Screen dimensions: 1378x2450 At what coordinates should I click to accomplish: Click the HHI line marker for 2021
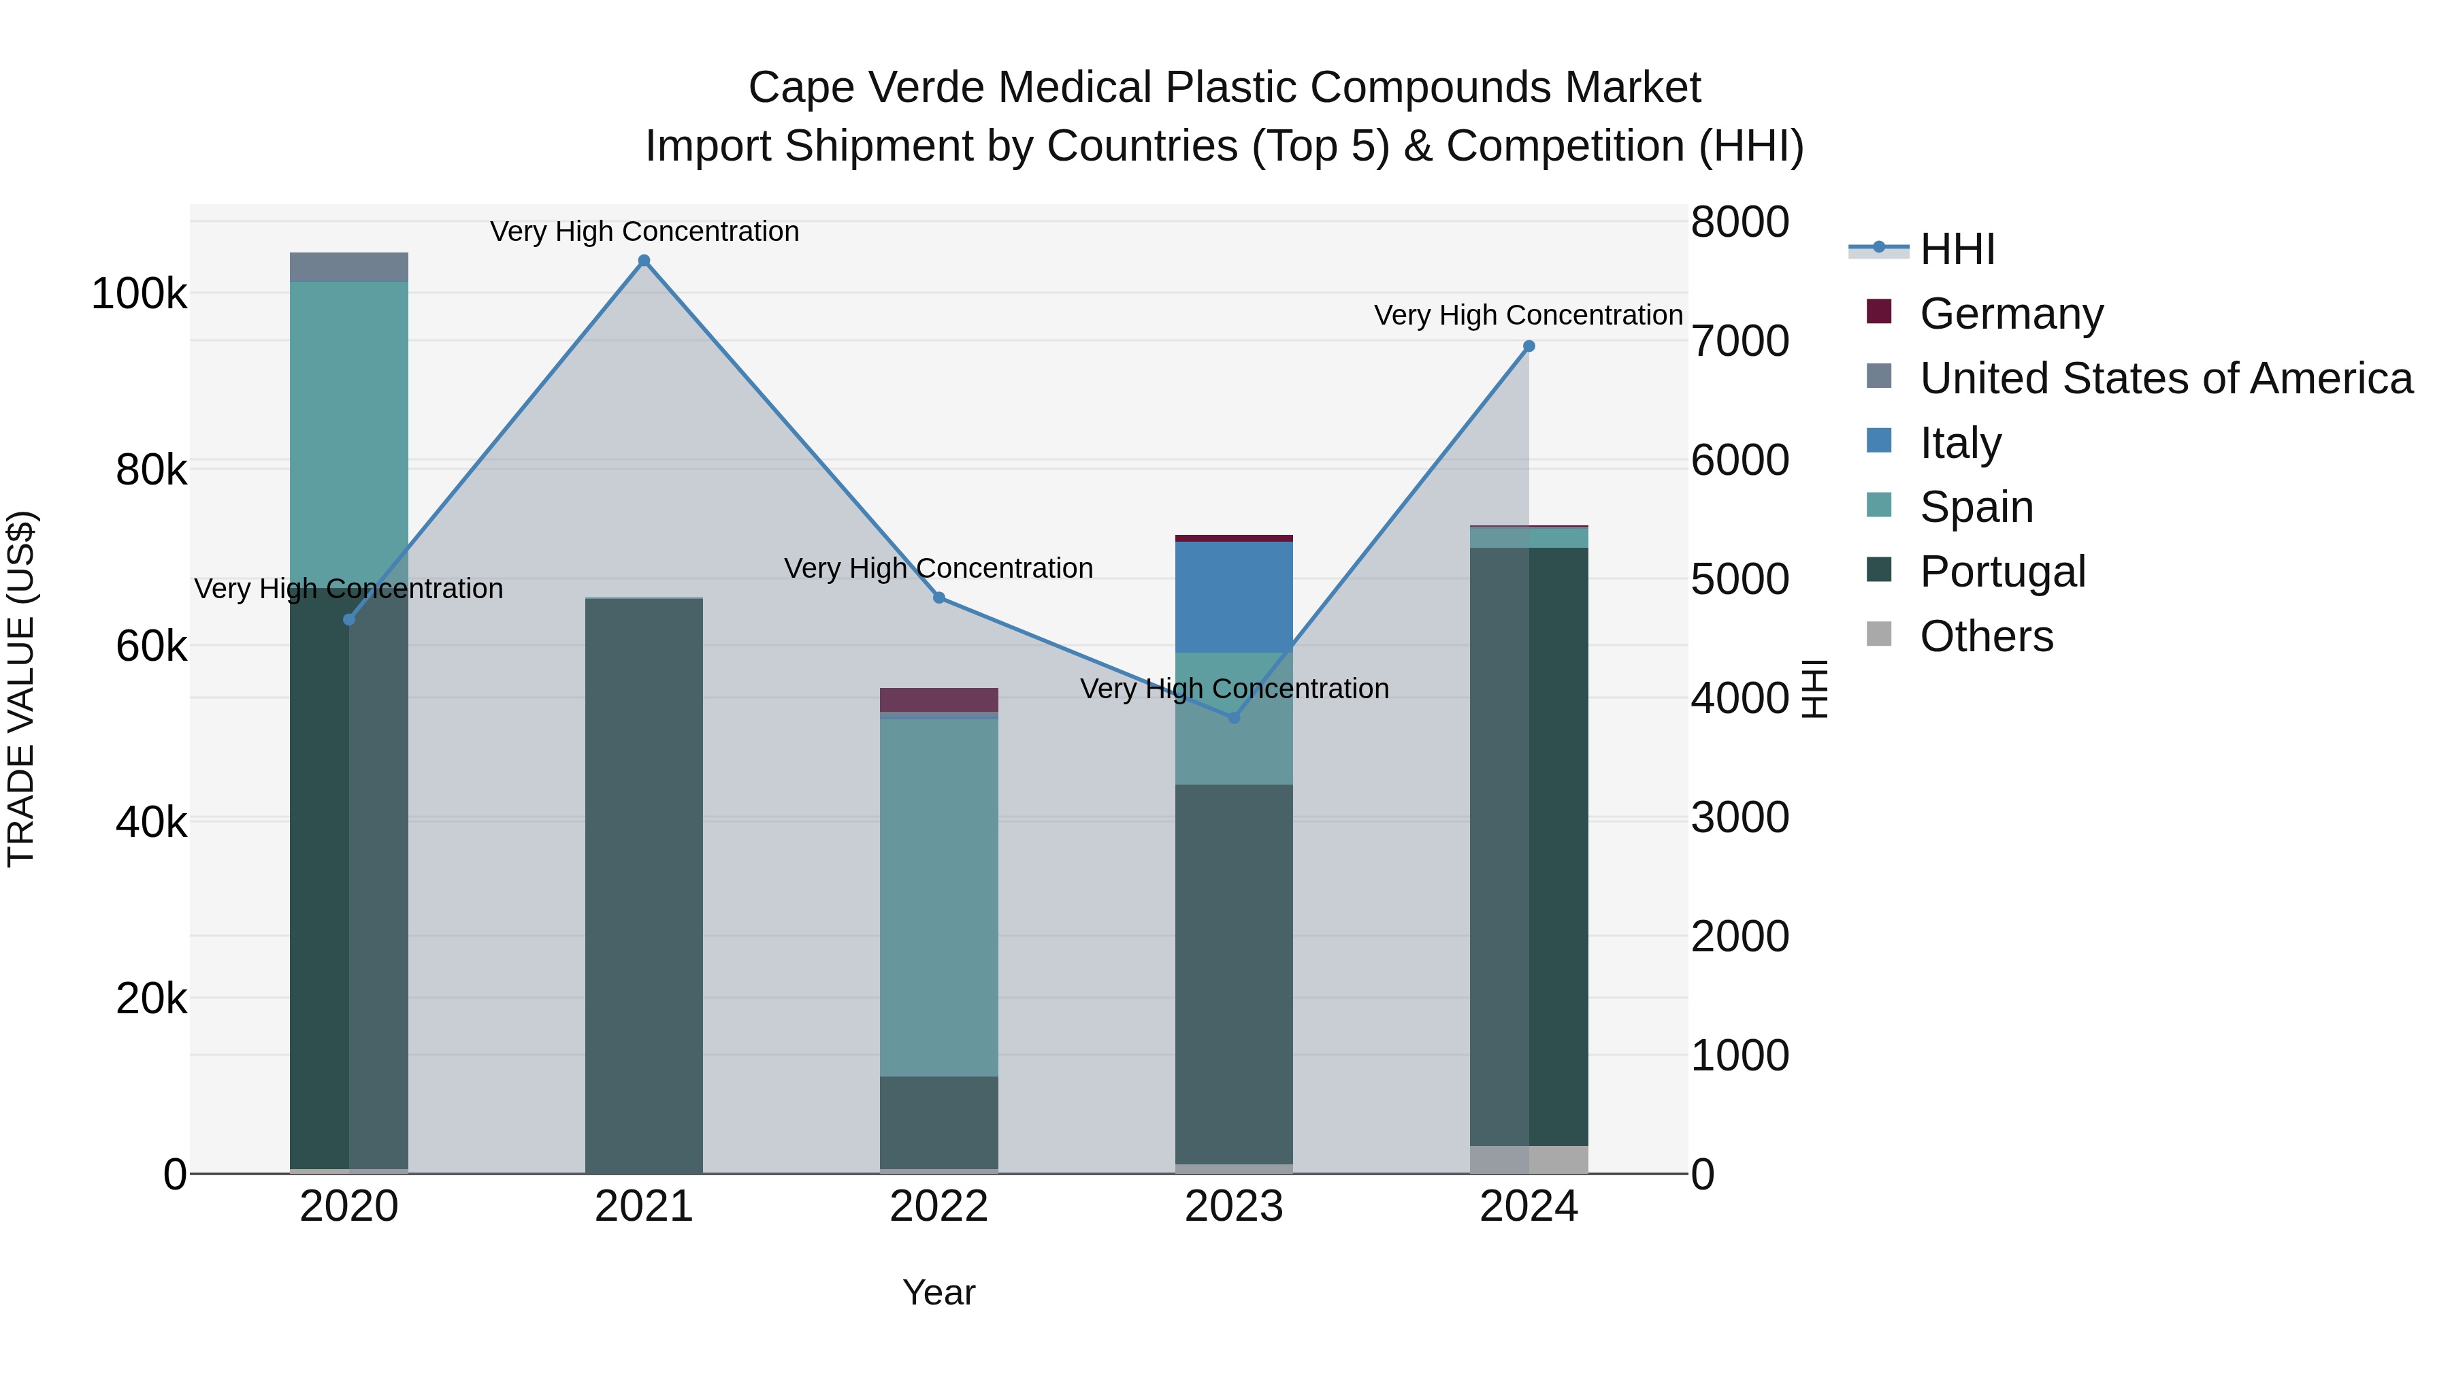[644, 261]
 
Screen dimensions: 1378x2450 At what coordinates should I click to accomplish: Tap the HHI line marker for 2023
[1234, 718]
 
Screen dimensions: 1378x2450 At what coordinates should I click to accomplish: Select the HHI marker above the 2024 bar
[1529, 346]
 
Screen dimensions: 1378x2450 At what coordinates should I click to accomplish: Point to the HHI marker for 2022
[938, 598]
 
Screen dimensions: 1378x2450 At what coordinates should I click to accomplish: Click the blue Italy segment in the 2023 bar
[1234, 597]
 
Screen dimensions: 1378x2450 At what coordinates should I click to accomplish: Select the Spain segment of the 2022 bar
[938, 894]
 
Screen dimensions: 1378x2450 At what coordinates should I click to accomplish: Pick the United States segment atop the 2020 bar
[349, 267]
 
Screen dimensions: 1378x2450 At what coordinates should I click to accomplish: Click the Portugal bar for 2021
[644, 885]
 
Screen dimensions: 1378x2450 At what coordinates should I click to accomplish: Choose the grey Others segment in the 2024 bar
[1529, 1160]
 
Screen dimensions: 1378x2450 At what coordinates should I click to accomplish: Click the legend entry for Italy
[1959, 443]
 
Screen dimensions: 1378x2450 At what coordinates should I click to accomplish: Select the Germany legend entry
[2010, 314]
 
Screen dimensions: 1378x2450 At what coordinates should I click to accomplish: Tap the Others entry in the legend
[1985, 636]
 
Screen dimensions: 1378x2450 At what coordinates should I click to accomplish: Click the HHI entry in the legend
[1957, 249]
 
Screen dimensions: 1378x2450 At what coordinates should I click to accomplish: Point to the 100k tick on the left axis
[139, 294]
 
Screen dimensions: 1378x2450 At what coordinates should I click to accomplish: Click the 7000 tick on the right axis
[1739, 342]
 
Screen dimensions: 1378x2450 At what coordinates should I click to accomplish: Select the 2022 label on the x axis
[938, 1207]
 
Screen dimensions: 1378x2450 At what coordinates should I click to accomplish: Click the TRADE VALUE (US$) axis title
[21, 689]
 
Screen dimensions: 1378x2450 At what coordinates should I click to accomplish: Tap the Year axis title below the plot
[938, 1292]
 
